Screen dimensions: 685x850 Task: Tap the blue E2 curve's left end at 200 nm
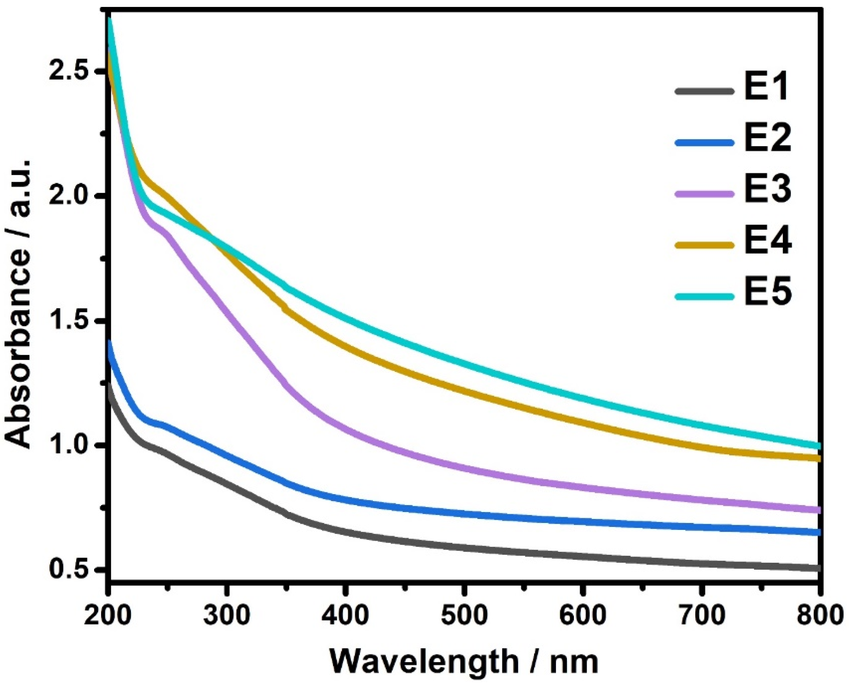(109, 343)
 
